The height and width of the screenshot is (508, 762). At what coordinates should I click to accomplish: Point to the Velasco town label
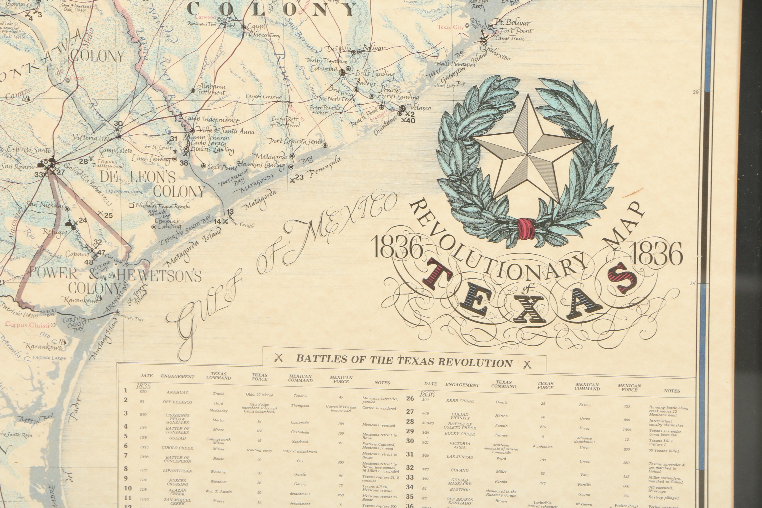pos(420,108)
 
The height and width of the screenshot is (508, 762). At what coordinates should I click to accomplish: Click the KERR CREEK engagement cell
pos(460,401)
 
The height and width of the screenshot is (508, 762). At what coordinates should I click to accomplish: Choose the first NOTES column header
pos(382,383)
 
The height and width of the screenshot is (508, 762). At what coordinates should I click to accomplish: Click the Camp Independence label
pos(211,120)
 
